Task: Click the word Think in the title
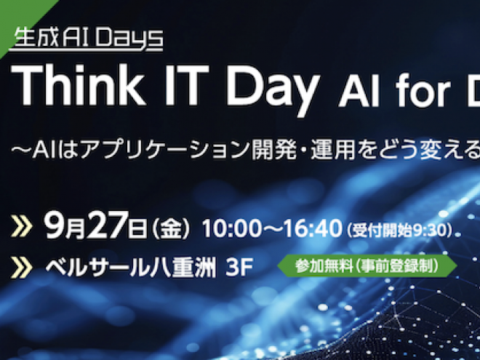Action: click(x=78, y=85)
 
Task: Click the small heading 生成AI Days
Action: click(x=88, y=38)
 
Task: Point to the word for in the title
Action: click(x=423, y=92)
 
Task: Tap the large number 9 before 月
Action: click(x=54, y=225)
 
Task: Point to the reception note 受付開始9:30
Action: click(x=399, y=231)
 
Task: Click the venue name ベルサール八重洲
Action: click(x=131, y=268)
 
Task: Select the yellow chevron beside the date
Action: click(x=21, y=226)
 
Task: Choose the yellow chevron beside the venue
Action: click(x=21, y=268)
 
